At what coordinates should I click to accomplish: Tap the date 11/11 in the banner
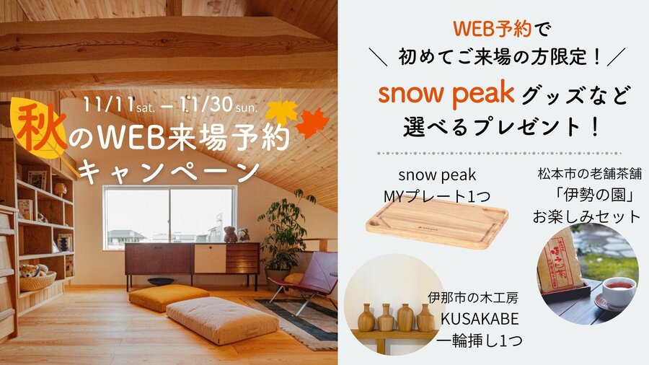pyautogui.click(x=108, y=105)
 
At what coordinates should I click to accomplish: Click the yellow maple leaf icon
pyautogui.click(x=281, y=110)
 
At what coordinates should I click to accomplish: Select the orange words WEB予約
pyautogui.click(x=492, y=29)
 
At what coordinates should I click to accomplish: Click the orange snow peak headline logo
pyautogui.click(x=446, y=94)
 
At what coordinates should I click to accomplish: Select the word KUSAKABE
pyautogui.click(x=480, y=319)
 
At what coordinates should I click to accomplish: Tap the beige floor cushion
pyautogui.click(x=223, y=320)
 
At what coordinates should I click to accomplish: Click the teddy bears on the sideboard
pyautogui.click(x=237, y=234)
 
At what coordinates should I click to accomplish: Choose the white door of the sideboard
pyautogui.click(x=210, y=259)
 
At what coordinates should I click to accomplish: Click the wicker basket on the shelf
pyautogui.click(x=37, y=281)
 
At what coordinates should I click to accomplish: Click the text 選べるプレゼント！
pyautogui.click(x=501, y=127)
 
